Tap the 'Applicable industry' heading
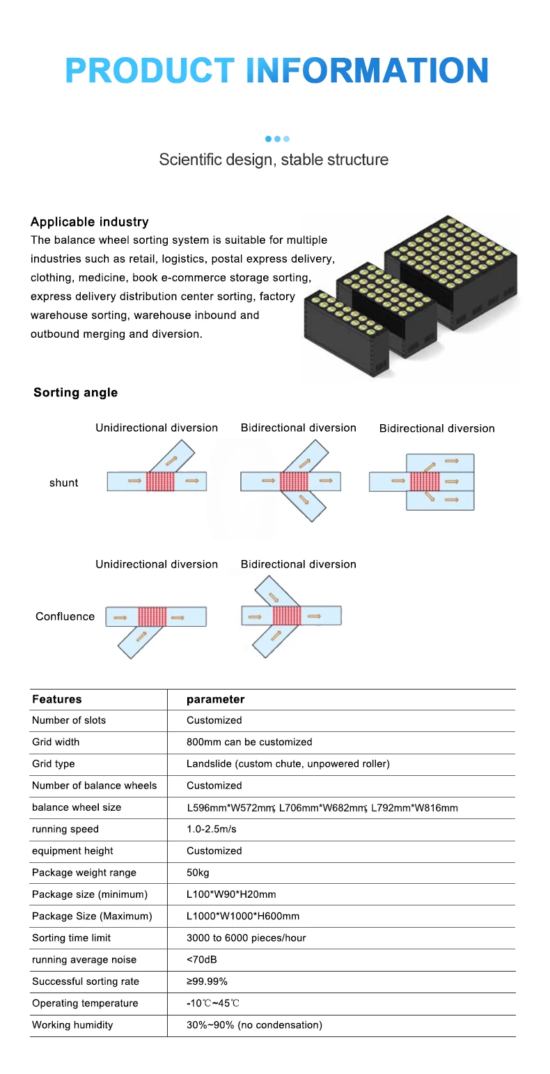(x=89, y=222)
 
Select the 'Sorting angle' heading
(x=75, y=393)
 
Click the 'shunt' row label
(x=63, y=483)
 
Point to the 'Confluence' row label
(x=65, y=616)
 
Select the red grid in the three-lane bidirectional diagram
(x=424, y=481)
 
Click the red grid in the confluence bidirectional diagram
(x=286, y=616)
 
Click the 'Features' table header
(x=56, y=699)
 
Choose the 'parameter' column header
(x=215, y=699)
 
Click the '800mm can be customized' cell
(x=249, y=742)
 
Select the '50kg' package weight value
(x=198, y=873)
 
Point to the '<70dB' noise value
(x=201, y=960)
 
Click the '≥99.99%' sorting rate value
(x=207, y=981)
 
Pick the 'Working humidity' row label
(x=72, y=1025)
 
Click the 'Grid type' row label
(x=54, y=764)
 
